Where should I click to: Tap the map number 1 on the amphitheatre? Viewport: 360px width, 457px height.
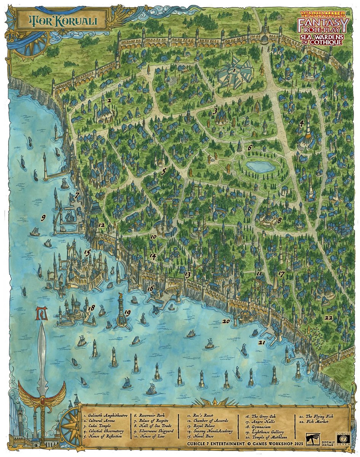pyautogui.click(x=235, y=70)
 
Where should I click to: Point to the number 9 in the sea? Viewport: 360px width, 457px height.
pyautogui.click(x=43, y=218)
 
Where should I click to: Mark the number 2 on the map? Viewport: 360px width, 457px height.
pyautogui.click(x=109, y=101)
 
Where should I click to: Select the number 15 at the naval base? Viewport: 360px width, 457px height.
pyautogui.click(x=87, y=252)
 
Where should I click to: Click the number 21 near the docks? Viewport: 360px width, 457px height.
pyautogui.click(x=261, y=343)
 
